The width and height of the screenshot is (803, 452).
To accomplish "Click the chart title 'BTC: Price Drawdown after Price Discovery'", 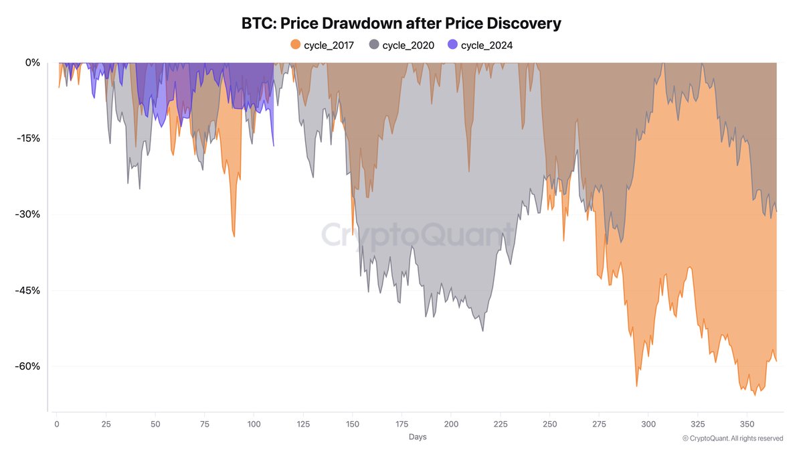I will [x=401, y=23].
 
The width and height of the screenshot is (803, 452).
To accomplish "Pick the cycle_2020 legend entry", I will [x=401, y=45].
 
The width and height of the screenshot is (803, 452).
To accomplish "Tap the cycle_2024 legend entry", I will [x=479, y=45].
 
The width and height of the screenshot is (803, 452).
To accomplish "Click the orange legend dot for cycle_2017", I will [x=294, y=45].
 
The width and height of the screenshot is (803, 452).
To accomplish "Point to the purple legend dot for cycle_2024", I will [x=452, y=45].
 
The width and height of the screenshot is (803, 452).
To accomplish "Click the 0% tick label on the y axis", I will [x=33, y=63].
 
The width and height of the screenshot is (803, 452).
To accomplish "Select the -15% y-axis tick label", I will [x=29, y=139].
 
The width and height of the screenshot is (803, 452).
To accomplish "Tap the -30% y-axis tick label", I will [x=29, y=215].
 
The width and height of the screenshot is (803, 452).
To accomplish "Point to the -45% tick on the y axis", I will [x=29, y=291].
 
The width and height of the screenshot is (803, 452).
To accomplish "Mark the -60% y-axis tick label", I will [x=29, y=367].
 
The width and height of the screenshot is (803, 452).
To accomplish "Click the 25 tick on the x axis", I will [x=106, y=424].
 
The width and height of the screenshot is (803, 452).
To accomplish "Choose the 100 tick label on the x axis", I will [x=254, y=424].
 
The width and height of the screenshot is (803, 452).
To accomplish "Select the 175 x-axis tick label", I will [x=401, y=424].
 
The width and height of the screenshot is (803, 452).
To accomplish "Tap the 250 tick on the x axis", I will [x=549, y=424].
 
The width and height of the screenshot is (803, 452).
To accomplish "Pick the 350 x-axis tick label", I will [x=747, y=424].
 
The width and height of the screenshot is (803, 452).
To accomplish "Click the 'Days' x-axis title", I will [x=417, y=437].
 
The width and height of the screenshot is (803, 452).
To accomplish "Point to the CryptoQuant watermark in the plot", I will [x=418, y=235].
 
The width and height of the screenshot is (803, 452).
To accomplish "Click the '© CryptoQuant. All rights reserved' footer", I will [x=733, y=439].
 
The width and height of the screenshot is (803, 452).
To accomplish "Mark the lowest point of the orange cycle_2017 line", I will [x=755, y=395].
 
